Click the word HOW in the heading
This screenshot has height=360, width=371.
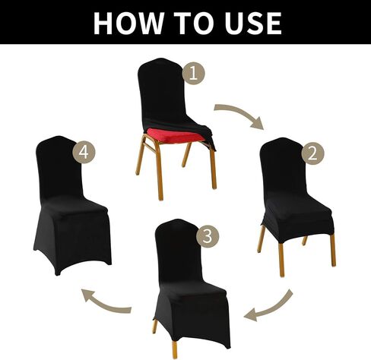128,23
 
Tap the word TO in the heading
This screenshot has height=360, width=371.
194,23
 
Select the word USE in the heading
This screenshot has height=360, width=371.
253,23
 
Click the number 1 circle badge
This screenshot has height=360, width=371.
193,74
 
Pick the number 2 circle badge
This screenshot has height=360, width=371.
312,153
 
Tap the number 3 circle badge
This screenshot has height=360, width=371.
208,236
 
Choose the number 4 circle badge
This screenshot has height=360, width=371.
84,152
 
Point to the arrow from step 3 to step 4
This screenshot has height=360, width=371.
104,305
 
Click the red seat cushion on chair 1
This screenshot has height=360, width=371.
173,135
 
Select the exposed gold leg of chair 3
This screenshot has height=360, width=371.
175,349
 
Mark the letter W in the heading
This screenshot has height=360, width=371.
147,23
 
